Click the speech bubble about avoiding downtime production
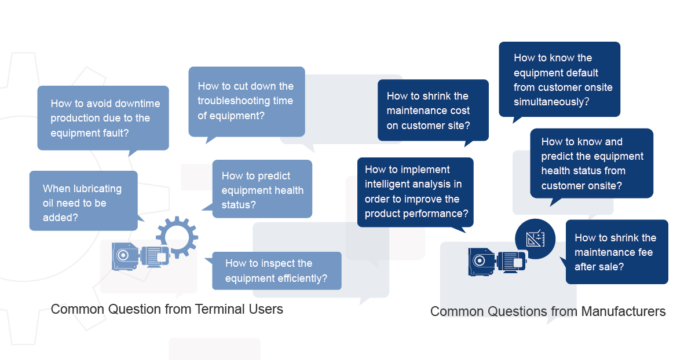(103, 118)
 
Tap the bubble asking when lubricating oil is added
(83, 201)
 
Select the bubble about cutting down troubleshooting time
(246, 101)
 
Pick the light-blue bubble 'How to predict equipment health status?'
(262, 189)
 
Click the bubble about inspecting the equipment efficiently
(276, 271)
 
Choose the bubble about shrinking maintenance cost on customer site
(433, 110)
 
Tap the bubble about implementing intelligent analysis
(415, 192)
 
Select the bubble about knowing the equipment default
(559, 79)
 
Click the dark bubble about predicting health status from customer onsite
(591, 163)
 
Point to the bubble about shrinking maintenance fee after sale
(616, 252)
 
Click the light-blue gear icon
(177, 237)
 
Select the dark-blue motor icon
(497, 260)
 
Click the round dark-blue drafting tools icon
(535, 238)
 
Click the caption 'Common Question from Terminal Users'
(167, 309)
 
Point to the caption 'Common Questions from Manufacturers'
(548, 311)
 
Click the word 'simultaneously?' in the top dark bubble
(551, 102)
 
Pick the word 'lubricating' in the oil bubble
(93, 189)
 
